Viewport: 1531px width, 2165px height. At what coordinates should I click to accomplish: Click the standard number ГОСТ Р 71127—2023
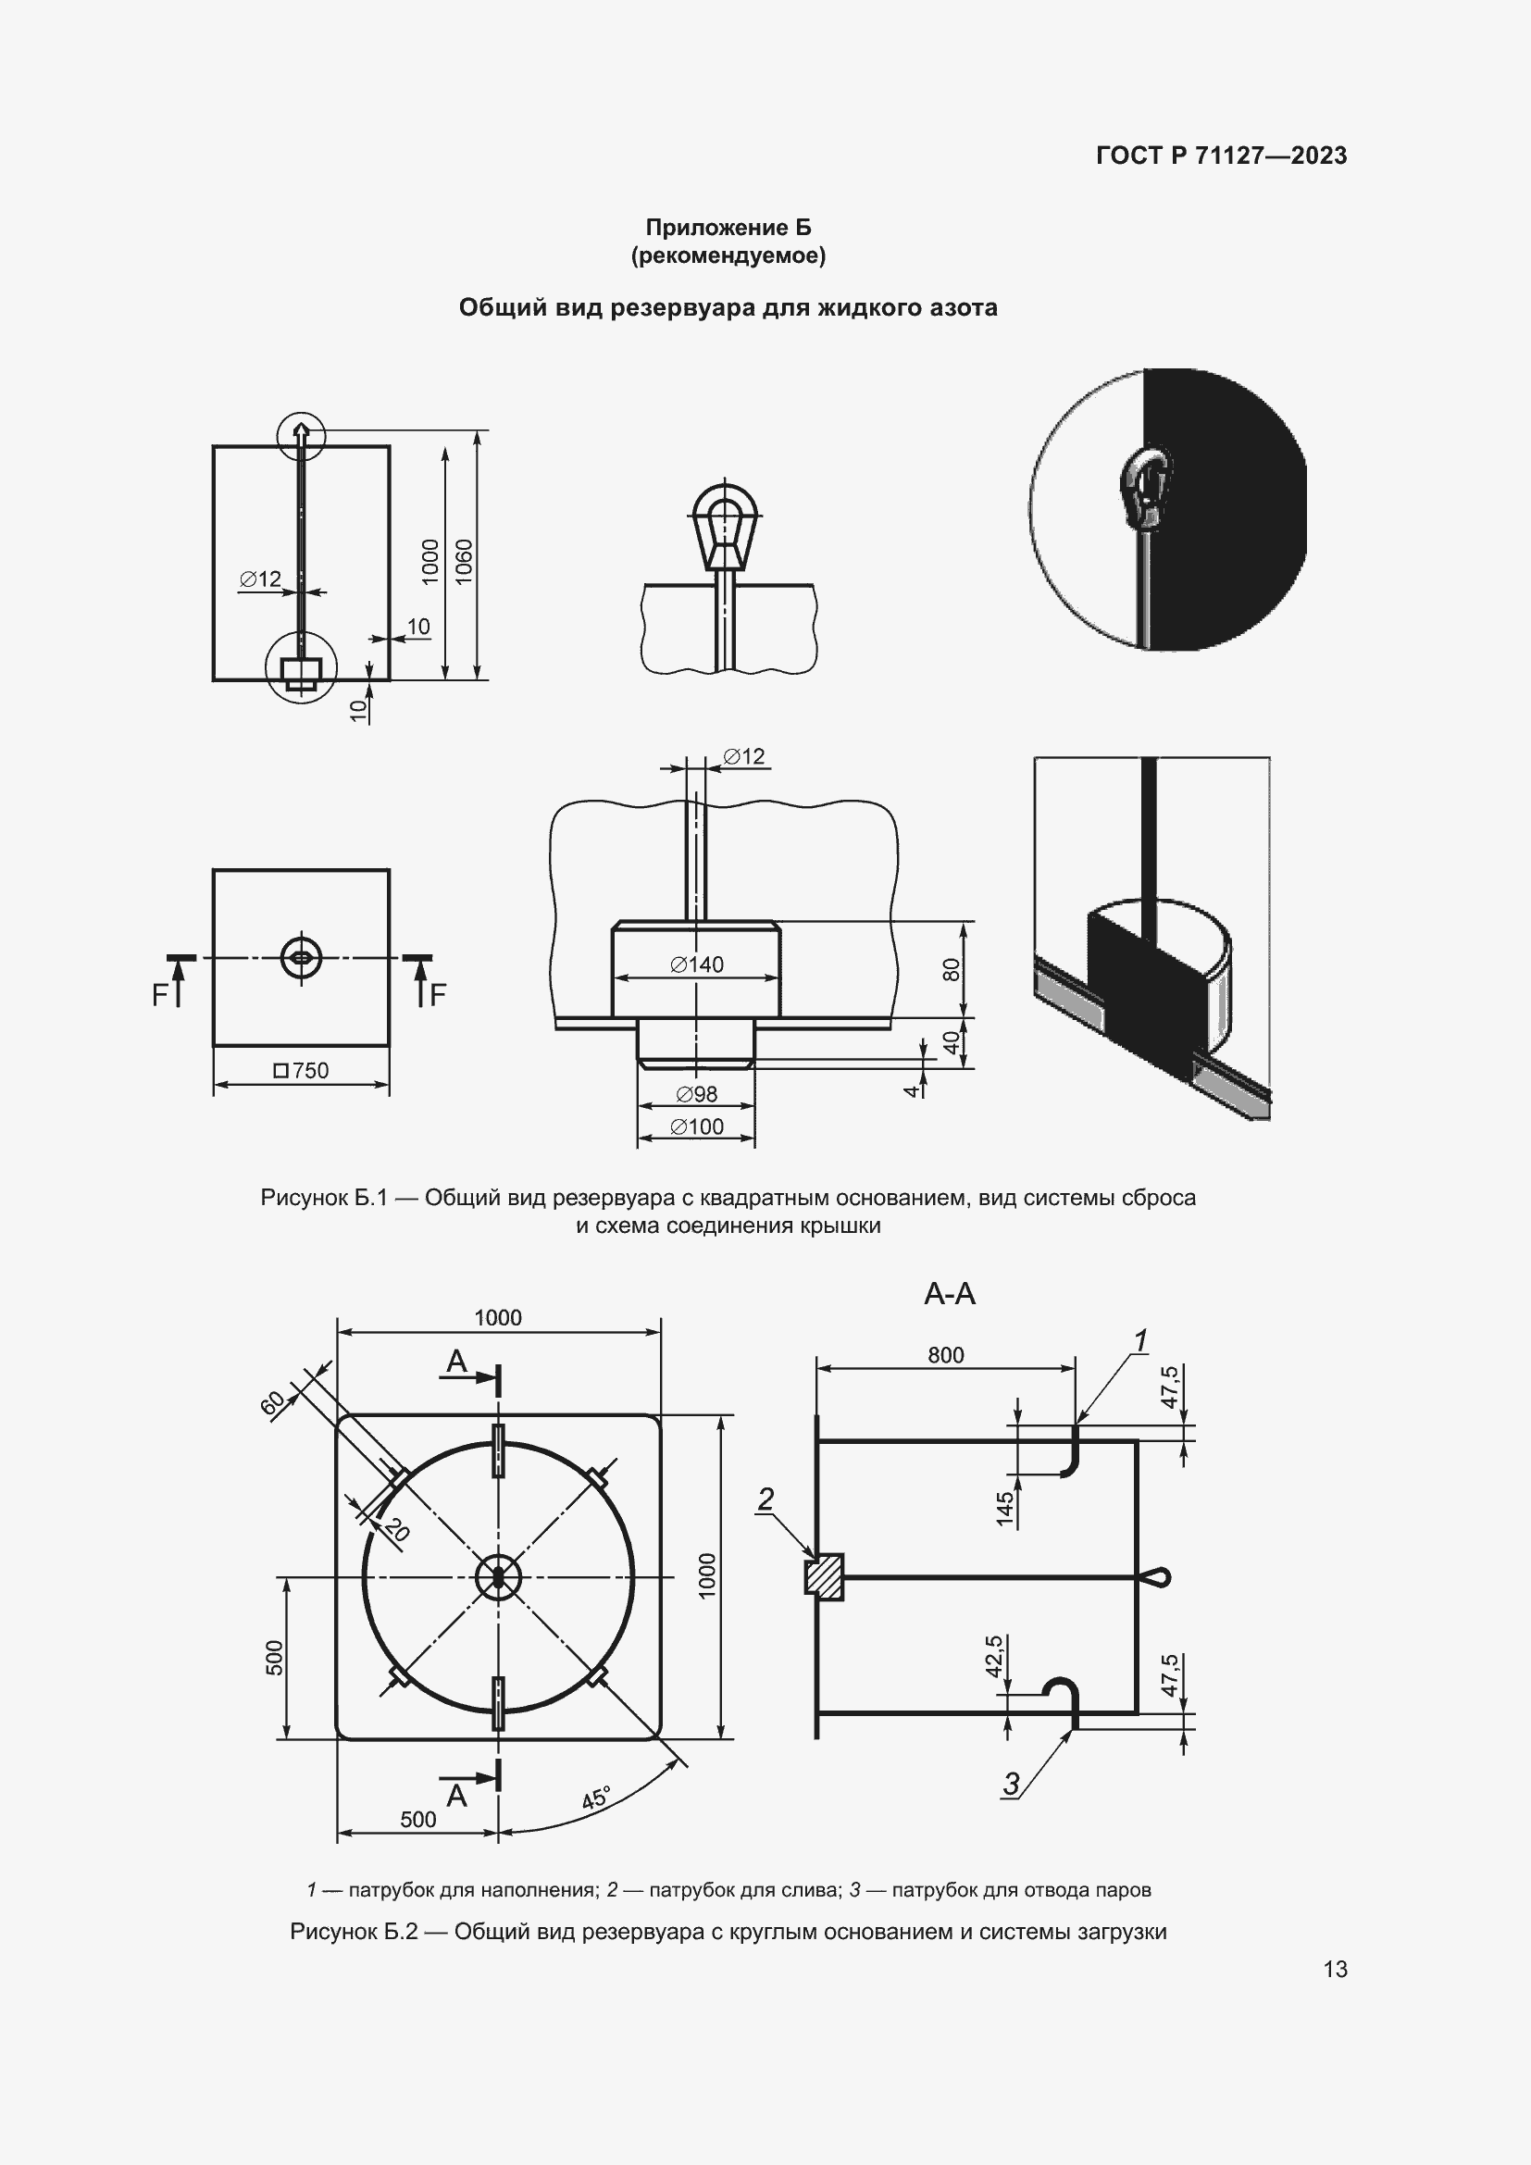click(1221, 156)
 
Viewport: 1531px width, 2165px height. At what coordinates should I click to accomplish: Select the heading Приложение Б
click(728, 228)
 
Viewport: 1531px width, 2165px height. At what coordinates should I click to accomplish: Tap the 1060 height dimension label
click(464, 562)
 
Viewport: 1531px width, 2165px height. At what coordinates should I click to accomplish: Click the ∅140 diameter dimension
click(697, 964)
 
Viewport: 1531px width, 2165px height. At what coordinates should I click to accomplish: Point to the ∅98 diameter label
click(697, 1094)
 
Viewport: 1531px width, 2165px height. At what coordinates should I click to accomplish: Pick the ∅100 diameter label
click(697, 1126)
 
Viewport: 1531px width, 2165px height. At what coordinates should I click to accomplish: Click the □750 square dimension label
click(301, 1070)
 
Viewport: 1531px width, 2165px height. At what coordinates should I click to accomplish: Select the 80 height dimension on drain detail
click(952, 969)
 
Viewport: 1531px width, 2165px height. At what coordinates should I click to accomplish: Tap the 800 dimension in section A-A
click(946, 1355)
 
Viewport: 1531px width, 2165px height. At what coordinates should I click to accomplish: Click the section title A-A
click(950, 1293)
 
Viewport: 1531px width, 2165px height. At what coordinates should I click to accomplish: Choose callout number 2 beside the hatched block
click(765, 1499)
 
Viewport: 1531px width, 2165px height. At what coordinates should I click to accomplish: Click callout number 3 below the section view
click(1012, 1783)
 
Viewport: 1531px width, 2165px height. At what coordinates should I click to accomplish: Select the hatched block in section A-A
click(824, 1576)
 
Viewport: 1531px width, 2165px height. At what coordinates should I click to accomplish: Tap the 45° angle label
click(597, 1799)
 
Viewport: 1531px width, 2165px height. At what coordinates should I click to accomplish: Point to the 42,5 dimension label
click(994, 1656)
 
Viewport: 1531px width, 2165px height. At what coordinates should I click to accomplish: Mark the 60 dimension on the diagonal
click(272, 1404)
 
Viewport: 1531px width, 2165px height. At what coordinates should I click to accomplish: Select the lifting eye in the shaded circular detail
click(1145, 488)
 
